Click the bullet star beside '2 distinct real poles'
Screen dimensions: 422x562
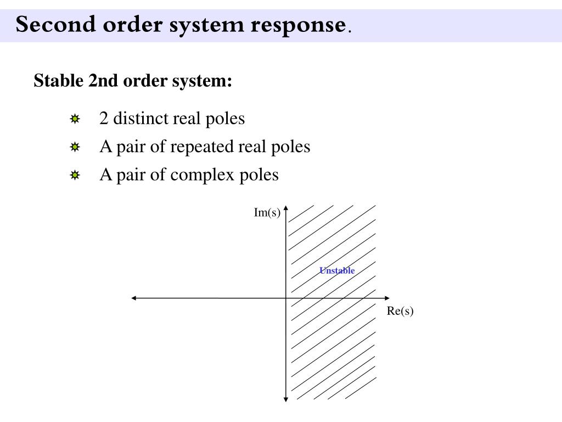(x=75, y=119)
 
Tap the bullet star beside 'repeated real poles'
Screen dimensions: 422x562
(x=75, y=147)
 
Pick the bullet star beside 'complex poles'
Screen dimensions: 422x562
(x=75, y=176)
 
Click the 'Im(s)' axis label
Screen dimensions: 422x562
(x=267, y=213)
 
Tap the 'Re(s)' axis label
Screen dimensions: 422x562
(x=400, y=311)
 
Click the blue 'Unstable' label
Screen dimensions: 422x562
(x=337, y=270)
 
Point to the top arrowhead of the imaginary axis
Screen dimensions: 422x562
(x=286, y=208)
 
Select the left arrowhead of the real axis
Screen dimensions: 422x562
(x=134, y=298)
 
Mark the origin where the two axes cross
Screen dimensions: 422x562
(x=286, y=298)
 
